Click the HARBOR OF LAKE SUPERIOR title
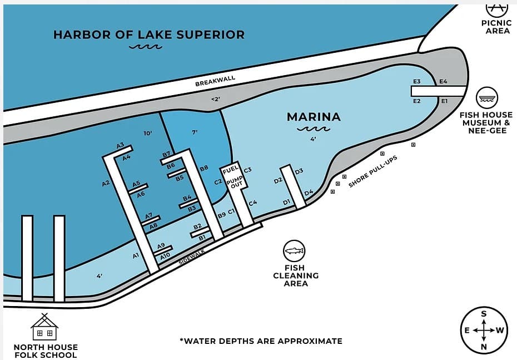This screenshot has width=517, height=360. point(148,34)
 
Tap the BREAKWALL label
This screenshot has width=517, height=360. point(215,81)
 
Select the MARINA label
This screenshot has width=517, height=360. point(313,117)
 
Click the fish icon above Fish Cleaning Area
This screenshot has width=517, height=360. point(295,251)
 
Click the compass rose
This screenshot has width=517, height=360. point(484,330)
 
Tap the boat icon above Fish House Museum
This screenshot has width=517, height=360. point(486,98)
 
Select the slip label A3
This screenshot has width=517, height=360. point(120,145)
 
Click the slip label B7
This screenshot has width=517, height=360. point(166,154)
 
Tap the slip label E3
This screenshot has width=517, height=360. point(416,82)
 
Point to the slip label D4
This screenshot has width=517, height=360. point(309,193)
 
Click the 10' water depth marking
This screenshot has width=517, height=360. point(148,134)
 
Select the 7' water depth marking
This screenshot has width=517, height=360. point(195,132)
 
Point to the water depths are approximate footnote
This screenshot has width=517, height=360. point(261,341)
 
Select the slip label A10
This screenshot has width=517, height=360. point(165,257)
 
